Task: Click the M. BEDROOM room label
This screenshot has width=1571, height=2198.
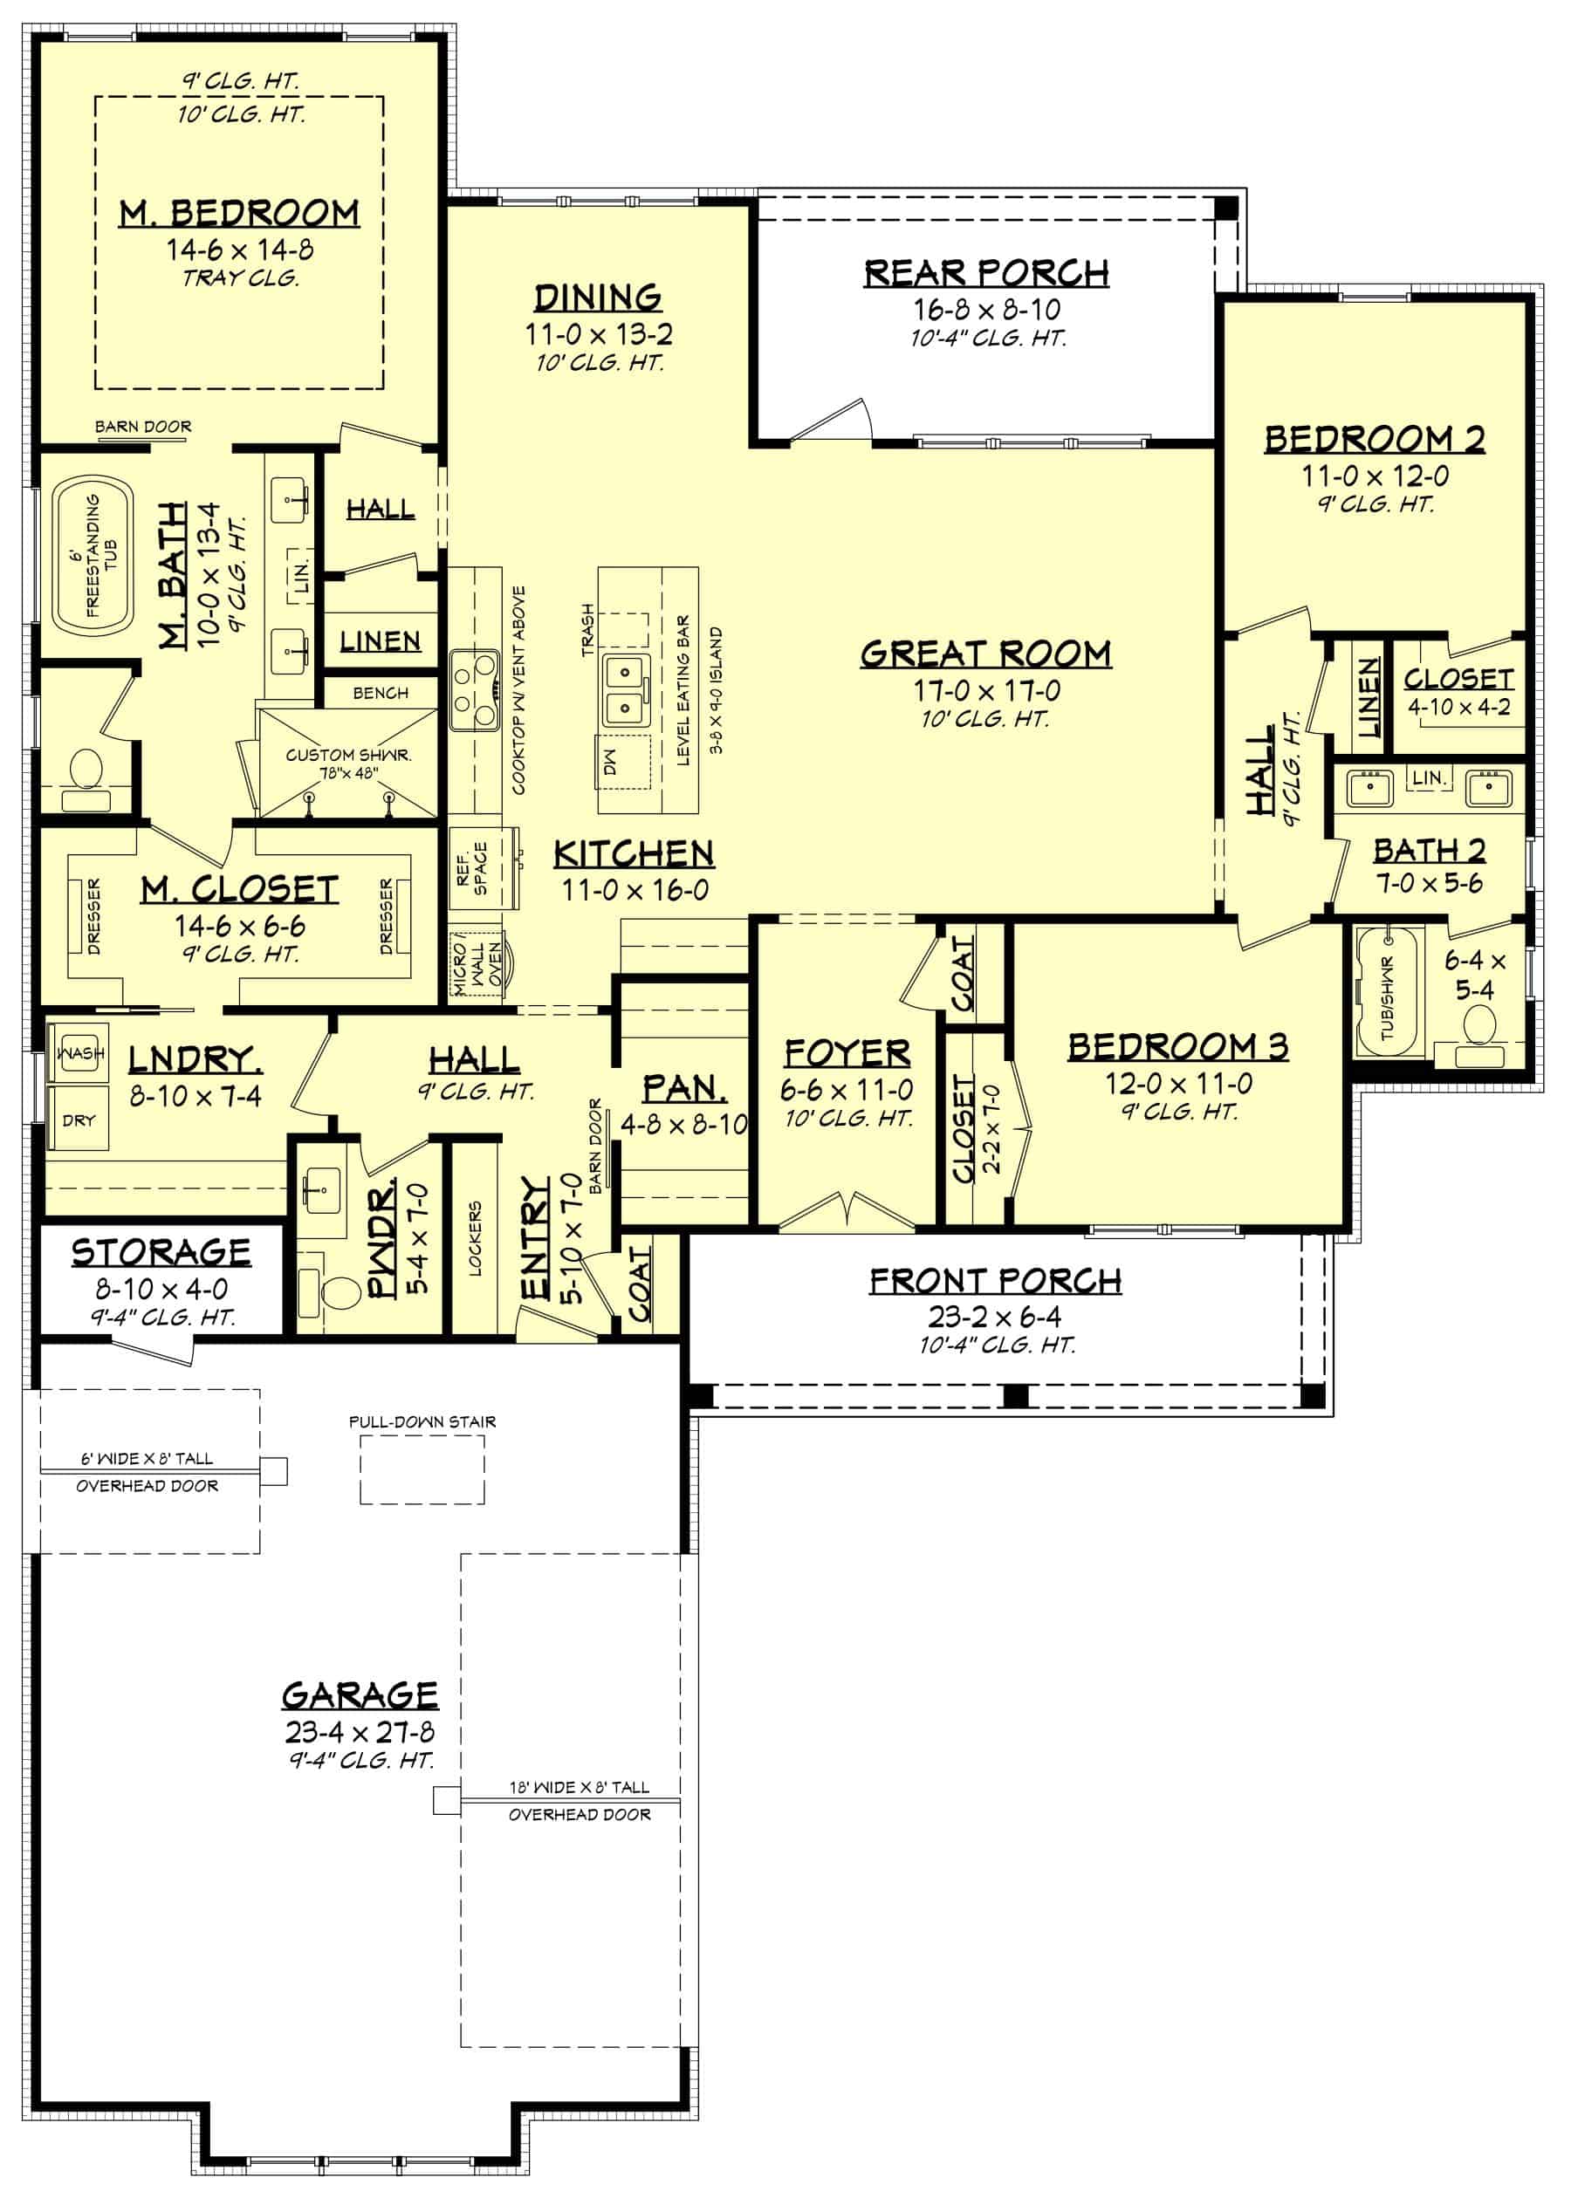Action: [x=239, y=213]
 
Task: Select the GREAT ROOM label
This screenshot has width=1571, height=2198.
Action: [x=985, y=654]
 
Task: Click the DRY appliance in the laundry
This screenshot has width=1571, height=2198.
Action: [x=79, y=1119]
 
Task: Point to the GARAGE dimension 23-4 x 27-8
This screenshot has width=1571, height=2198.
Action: [x=359, y=1732]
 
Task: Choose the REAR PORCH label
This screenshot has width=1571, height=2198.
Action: [x=985, y=274]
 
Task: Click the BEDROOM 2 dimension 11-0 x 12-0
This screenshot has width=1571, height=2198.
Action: [x=1374, y=476]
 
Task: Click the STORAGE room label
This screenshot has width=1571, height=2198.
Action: [x=161, y=1252]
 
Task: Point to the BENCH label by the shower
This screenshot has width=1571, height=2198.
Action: [x=381, y=692]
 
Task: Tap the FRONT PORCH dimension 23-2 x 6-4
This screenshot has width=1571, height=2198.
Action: [x=994, y=1316]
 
